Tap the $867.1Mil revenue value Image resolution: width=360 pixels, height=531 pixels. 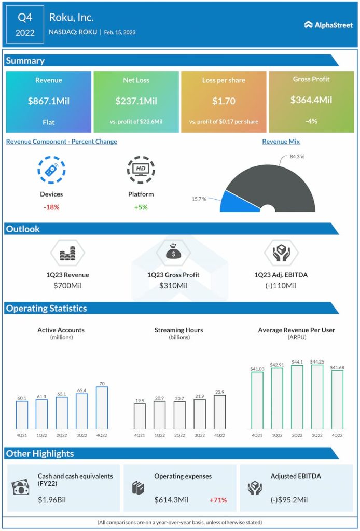tap(49, 101)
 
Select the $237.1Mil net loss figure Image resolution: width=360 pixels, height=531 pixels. tap(136, 101)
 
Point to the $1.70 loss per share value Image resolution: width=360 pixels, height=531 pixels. tap(224, 101)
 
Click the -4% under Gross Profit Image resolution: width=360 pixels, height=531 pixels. tap(311, 121)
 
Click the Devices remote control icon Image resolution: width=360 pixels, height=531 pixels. tap(51, 170)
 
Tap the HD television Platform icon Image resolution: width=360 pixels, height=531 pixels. tap(141, 170)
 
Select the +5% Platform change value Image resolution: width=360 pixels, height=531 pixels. tap(141, 207)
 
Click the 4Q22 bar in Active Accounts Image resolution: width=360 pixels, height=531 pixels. tap(101, 408)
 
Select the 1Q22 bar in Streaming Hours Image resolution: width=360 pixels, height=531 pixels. tap(160, 415)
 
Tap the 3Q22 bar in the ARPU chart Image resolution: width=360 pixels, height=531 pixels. tap(316, 397)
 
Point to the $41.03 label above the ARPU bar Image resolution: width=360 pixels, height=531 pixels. tap(257, 369)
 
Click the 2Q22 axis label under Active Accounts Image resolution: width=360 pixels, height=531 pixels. tap(62, 435)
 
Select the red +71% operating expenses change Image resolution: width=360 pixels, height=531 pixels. tap(218, 500)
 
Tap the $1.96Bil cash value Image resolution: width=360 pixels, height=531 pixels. tap(52, 500)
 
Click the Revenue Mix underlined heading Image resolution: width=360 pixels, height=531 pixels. tap(281, 142)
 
